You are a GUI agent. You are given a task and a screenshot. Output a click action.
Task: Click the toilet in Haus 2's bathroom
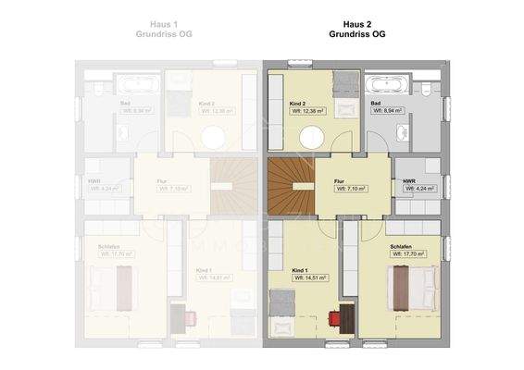[x=428, y=91]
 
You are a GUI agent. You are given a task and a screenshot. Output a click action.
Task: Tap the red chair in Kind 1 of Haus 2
[x=335, y=318]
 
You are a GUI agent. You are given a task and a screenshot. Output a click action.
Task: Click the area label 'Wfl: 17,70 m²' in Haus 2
[x=407, y=253]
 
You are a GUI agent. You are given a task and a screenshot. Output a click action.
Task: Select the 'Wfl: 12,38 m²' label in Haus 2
[x=309, y=110]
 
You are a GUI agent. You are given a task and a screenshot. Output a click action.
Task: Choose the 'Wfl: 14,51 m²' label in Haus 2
[x=310, y=279]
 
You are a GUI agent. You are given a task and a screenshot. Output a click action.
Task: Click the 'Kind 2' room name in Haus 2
[x=297, y=102]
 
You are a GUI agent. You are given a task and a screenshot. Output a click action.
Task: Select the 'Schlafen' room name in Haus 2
[x=401, y=246]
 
